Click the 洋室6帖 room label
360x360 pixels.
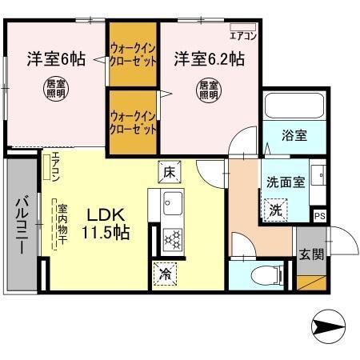[56, 58]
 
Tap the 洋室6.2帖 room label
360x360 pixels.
[209, 58]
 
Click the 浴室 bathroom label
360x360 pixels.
[294, 136]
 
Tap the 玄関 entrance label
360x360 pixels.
[312, 255]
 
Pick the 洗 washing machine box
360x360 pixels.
[274, 210]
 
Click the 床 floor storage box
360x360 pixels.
[170, 171]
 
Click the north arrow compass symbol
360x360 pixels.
[327, 326]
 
